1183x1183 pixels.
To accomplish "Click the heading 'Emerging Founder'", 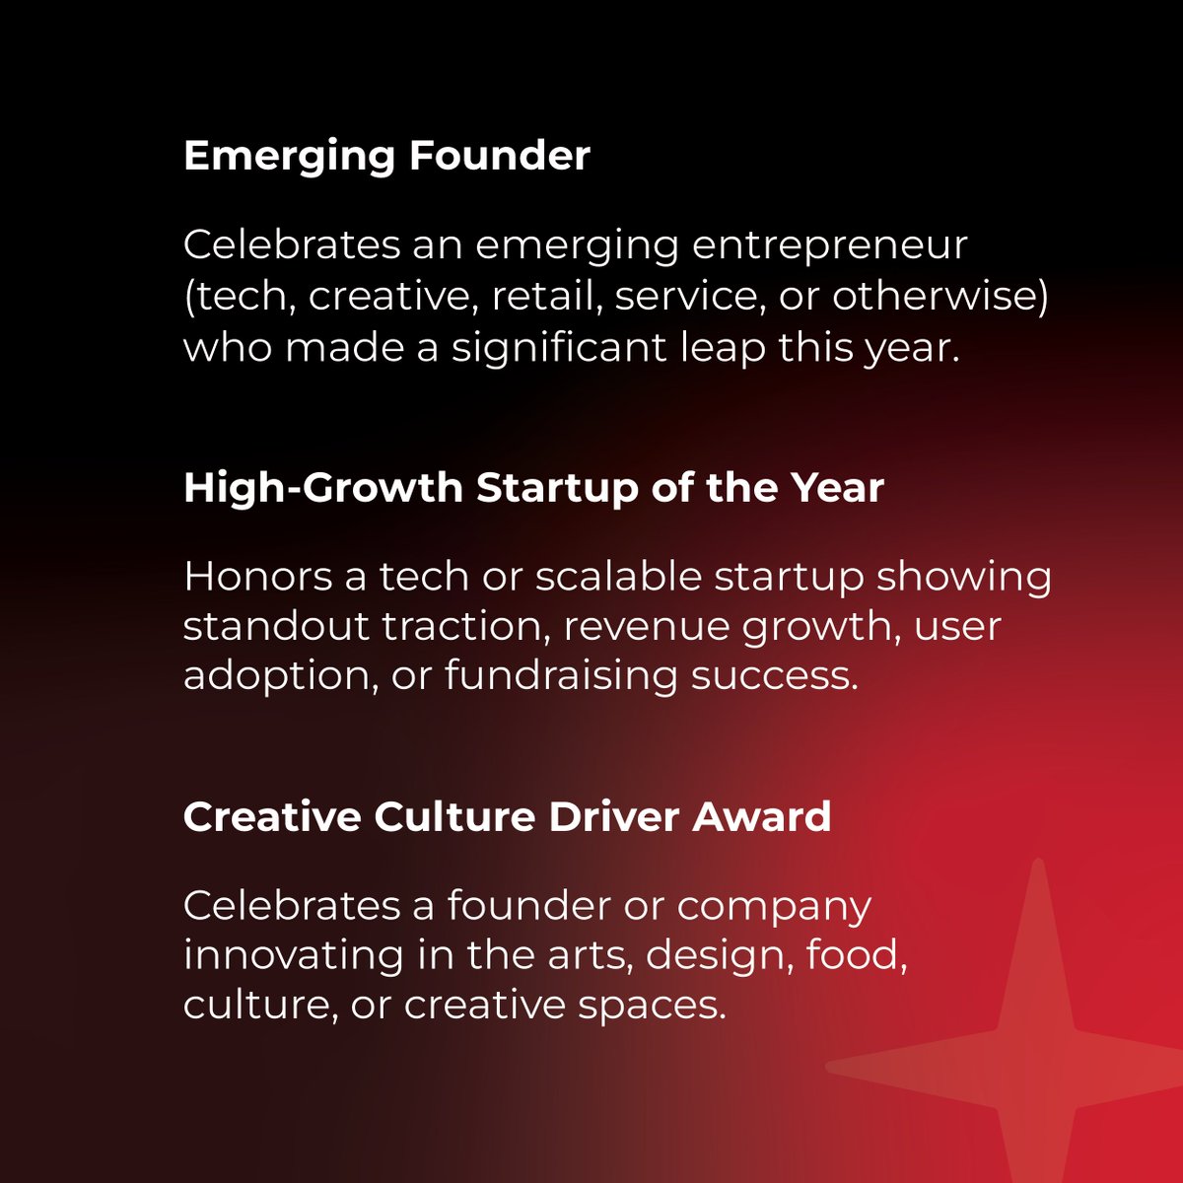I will (x=386, y=156).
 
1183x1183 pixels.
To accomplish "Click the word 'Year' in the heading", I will (x=841, y=487).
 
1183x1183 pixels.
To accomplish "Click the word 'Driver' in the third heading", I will (x=614, y=817).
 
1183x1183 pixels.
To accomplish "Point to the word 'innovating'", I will (x=294, y=956).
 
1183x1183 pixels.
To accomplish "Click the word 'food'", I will (x=856, y=955).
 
